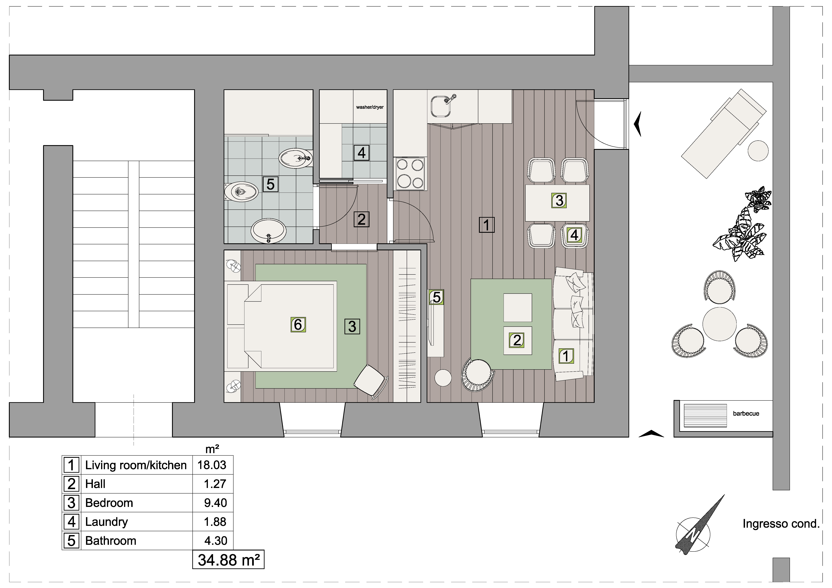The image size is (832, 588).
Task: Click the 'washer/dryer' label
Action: [370, 107]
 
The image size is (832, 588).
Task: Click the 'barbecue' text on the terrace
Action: [746, 413]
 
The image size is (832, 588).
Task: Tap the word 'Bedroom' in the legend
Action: [109, 503]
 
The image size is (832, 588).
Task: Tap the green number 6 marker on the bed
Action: [298, 325]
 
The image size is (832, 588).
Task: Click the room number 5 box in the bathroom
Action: [270, 184]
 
